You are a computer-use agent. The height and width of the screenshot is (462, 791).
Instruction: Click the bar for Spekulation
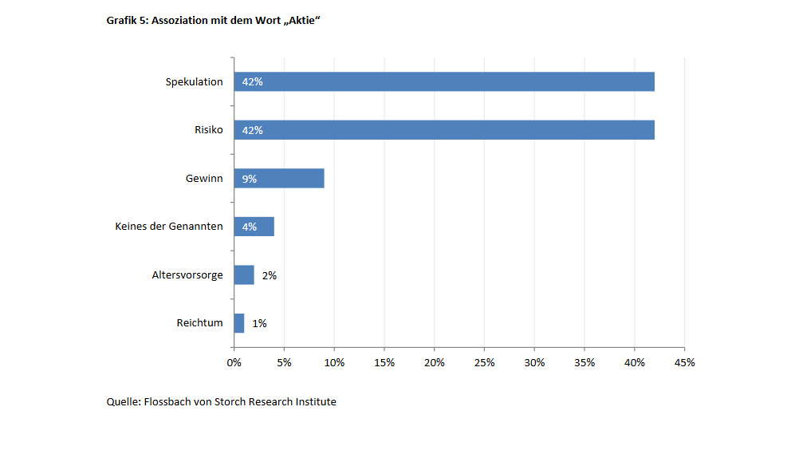pyautogui.click(x=444, y=82)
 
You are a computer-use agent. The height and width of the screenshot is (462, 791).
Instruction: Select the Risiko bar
pyautogui.click(x=444, y=130)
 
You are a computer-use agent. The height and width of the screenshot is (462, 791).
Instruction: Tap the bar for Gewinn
pyautogui.click(x=279, y=178)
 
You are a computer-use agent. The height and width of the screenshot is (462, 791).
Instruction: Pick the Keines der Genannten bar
pyautogui.click(x=254, y=227)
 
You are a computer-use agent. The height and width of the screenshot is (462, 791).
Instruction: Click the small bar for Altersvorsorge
pyautogui.click(x=244, y=274)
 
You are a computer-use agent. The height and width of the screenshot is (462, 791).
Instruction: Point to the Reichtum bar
pyautogui.click(x=239, y=323)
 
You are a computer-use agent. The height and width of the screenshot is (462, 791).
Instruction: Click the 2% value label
pyautogui.click(x=270, y=275)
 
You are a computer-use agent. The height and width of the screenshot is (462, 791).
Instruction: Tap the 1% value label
pyautogui.click(x=259, y=324)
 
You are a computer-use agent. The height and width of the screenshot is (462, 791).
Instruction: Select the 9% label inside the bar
pyautogui.click(x=250, y=179)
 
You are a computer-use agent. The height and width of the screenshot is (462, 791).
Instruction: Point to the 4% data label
pyautogui.click(x=250, y=227)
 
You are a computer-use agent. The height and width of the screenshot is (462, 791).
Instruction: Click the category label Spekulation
pyautogui.click(x=195, y=82)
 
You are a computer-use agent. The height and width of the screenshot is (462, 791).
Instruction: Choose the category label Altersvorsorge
pyautogui.click(x=187, y=275)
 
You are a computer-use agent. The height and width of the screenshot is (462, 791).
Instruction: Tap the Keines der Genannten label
pyautogui.click(x=169, y=226)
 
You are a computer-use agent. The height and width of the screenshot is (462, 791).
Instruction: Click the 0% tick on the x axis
pyautogui.click(x=234, y=362)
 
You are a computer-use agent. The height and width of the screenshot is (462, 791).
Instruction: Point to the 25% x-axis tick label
pyautogui.click(x=484, y=362)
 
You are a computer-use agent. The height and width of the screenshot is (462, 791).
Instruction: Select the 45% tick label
pyautogui.click(x=685, y=362)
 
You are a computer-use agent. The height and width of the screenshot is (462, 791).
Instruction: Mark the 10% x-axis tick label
pyautogui.click(x=334, y=362)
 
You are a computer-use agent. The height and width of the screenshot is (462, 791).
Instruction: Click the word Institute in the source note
pyautogui.click(x=316, y=402)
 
